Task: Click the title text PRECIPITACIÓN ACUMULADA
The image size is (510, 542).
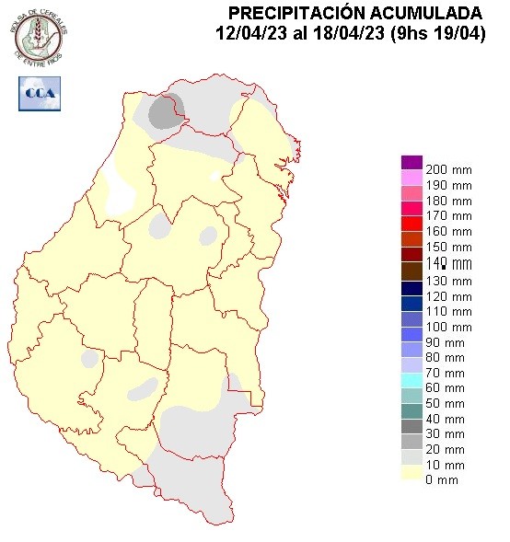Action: [x=354, y=13]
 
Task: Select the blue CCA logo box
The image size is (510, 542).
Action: [x=39, y=93]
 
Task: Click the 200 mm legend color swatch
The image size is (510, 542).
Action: [x=411, y=162]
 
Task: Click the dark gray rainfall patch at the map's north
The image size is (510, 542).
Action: [x=165, y=112]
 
